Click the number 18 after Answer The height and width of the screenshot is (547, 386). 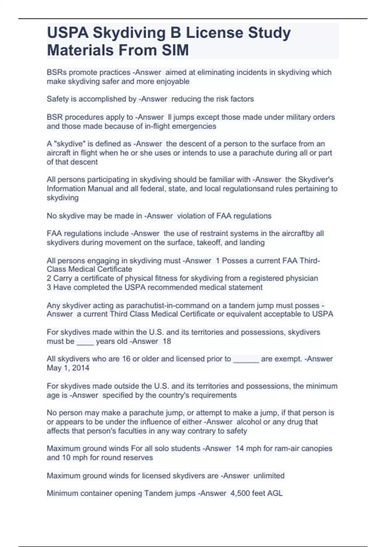pyautogui.click(x=167, y=341)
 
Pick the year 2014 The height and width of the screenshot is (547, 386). pyautogui.click(x=80, y=368)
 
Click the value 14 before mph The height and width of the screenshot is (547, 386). pyautogui.click(x=240, y=449)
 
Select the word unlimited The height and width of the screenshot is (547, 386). pyautogui.click(x=269, y=476)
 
